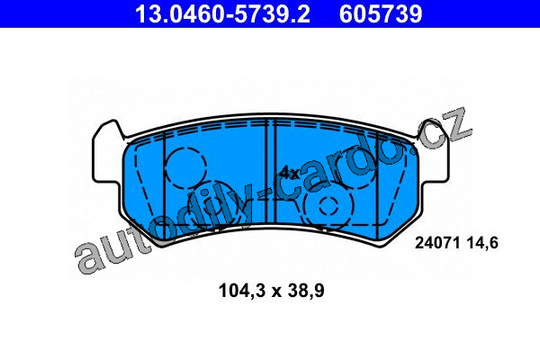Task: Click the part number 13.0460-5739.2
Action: (223, 13)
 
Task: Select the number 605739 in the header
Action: (381, 13)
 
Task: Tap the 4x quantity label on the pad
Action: (289, 174)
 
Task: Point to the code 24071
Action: (437, 243)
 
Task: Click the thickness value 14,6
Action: (482, 243)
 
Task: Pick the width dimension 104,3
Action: (242, 291)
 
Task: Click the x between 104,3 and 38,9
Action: (275, 292)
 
